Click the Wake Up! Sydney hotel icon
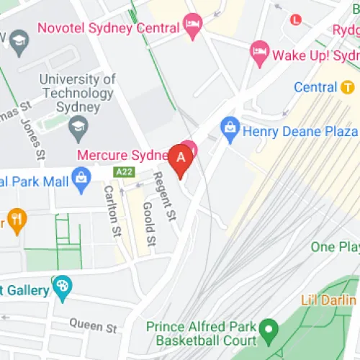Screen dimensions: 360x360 click(259, 51)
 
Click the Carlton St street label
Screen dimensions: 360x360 click(112, 211)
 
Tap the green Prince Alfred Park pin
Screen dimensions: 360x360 click(269, 332)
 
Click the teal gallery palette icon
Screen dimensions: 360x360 click(62, 287)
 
